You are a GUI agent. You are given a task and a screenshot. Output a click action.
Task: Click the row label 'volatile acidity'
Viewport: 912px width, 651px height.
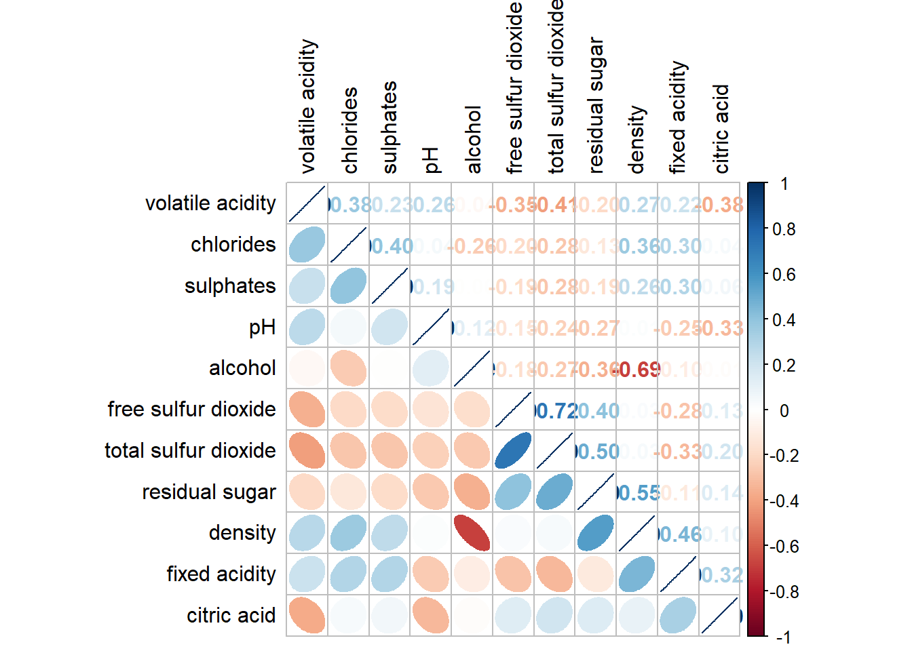point(210,203)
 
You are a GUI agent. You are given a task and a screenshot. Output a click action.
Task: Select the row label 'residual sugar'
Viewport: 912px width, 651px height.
point(209,492)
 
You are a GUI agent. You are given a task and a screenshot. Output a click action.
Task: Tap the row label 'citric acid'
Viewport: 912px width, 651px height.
point(231,615)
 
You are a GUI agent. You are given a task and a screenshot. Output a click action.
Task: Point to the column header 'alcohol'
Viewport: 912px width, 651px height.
point(473,140)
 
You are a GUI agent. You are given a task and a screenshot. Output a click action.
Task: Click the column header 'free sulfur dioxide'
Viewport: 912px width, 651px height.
point(514,88)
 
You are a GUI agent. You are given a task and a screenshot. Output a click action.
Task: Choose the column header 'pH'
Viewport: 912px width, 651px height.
point(432,160)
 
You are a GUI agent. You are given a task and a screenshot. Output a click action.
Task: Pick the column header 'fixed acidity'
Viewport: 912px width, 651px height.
point(678,117)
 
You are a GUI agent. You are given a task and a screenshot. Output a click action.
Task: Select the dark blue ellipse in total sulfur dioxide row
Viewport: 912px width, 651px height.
point(513,450)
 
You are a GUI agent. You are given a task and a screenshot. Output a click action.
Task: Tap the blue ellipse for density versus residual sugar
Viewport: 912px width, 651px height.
point(596,533)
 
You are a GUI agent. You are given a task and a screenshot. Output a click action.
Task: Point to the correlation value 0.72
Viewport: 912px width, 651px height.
point(555,411)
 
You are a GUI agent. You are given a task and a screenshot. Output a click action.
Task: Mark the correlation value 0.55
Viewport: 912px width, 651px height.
point(638,493)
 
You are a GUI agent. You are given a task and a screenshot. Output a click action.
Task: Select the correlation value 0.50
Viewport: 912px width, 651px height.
point(596,452)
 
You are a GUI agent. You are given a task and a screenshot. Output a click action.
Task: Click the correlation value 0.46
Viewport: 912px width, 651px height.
point(679,534)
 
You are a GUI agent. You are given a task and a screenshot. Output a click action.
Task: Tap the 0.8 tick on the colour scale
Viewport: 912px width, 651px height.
point(784,229)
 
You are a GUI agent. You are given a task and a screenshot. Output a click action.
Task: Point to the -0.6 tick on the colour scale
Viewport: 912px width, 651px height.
point(784,547)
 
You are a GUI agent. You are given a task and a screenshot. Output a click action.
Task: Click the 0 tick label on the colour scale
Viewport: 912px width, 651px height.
point(784,410)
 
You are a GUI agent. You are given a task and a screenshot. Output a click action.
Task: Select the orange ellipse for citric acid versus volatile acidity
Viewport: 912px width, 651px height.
point(307,615)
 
